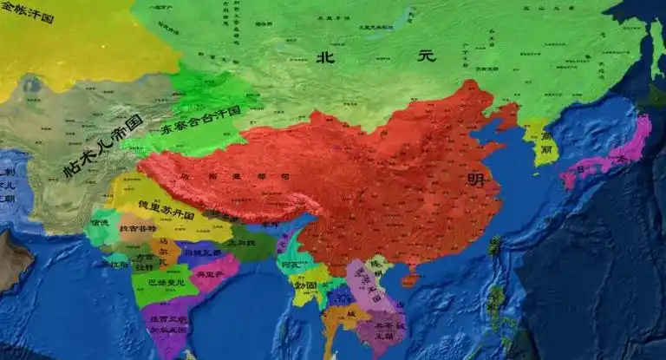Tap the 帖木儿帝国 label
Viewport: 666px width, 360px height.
tap(101, 146)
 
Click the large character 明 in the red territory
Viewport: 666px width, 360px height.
tap(476, 180)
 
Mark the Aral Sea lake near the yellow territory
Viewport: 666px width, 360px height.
tap(33, 84)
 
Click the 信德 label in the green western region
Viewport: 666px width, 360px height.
tap(101, 223)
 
